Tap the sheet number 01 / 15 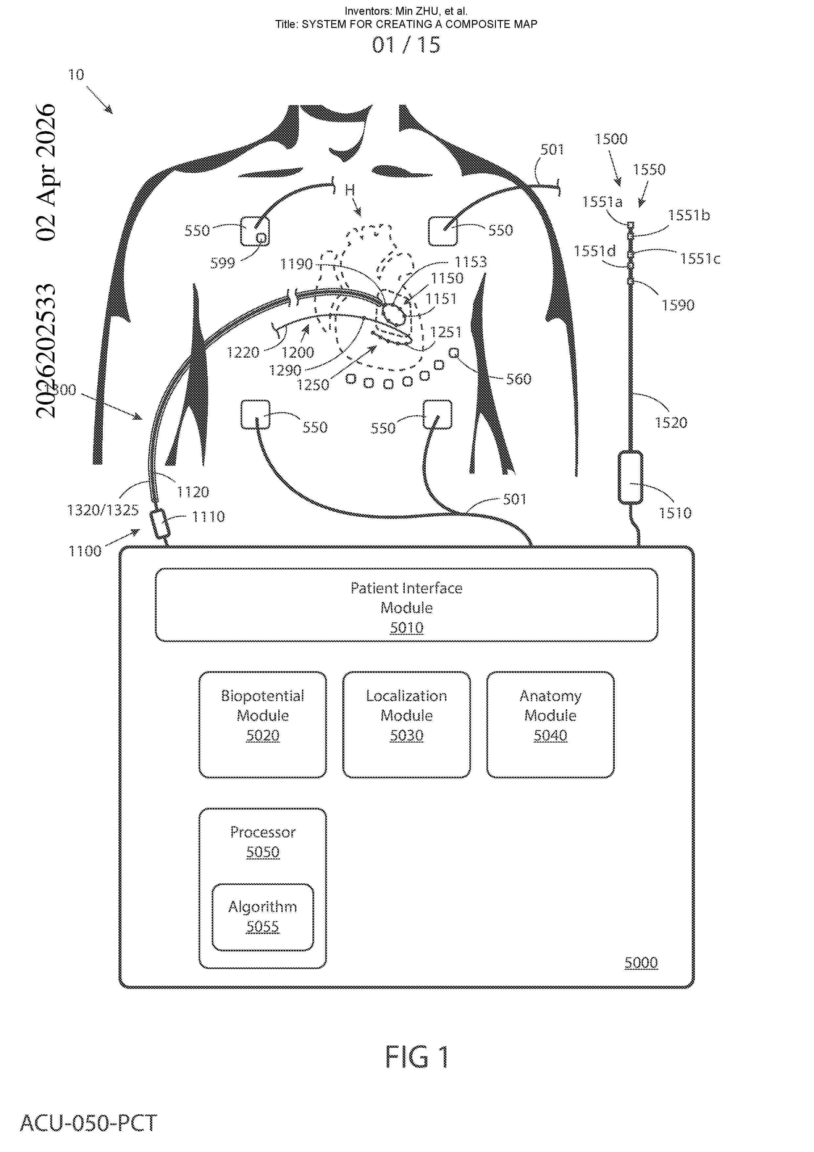point(406,45)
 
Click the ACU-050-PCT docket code point(88,1123)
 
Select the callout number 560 point(519,379)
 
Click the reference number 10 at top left point(76,75)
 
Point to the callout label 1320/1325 point(103,510)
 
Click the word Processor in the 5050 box point(263,832)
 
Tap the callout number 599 point(223,263)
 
